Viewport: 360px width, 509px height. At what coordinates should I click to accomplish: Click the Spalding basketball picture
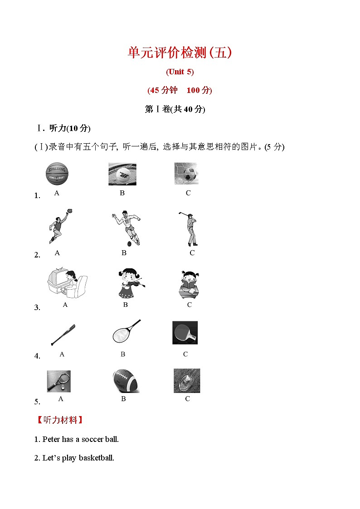point(57,175)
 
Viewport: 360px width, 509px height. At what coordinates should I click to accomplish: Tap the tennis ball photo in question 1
point(122,174)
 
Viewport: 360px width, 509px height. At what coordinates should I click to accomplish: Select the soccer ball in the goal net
point(186,174)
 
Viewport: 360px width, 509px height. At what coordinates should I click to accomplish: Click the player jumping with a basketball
point(60,227)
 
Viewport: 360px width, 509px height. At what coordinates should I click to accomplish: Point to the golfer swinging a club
point(190,228)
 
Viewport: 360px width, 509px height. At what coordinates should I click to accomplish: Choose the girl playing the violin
point(128,283)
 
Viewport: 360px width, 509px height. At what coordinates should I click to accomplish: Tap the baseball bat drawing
point(63,335)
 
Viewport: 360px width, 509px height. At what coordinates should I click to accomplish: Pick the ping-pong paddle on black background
point(185,333)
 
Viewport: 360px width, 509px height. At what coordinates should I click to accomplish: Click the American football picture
point(126,381)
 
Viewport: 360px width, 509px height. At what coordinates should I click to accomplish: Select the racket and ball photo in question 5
point(59,381)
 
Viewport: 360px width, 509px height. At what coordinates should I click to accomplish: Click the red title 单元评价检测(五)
point(180,53)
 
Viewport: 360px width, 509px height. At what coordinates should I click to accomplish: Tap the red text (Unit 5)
point(180,72)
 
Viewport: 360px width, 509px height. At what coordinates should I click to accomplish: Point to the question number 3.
point(37,308)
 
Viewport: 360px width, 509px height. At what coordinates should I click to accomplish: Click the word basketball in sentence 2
point(97,458)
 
